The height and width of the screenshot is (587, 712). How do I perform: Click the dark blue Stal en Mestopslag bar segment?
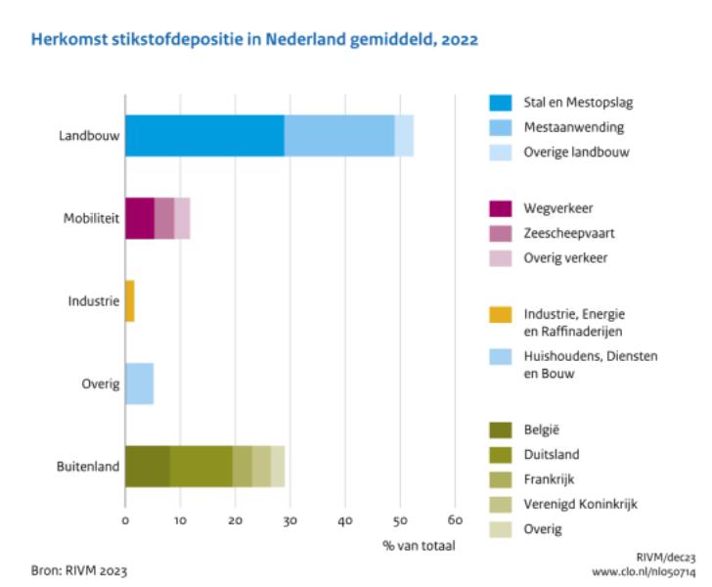click(x=204, y=135)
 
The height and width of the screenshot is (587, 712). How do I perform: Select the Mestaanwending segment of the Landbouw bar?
click(x=339, y=135)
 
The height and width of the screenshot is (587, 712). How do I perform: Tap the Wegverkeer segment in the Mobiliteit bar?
click(x=140, y=217)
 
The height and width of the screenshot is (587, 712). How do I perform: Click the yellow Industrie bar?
click(x=129, y=300)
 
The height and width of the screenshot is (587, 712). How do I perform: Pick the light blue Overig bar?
click(x=139, y=384)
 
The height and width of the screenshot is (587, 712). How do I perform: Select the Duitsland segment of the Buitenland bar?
click(x=200, y=466)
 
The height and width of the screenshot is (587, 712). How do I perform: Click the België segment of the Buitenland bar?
click(x=147, y=466)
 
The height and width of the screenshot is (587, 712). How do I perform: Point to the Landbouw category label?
click(x=89, y=136)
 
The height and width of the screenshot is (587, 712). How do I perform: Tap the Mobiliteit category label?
click(x=91, y=218)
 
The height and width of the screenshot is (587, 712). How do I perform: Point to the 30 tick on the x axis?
click(x=289, y=520)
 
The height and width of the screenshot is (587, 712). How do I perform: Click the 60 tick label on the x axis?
click(x=454, y=520)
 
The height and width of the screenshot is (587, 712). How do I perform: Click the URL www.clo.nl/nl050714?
click(x=643, y=570)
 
